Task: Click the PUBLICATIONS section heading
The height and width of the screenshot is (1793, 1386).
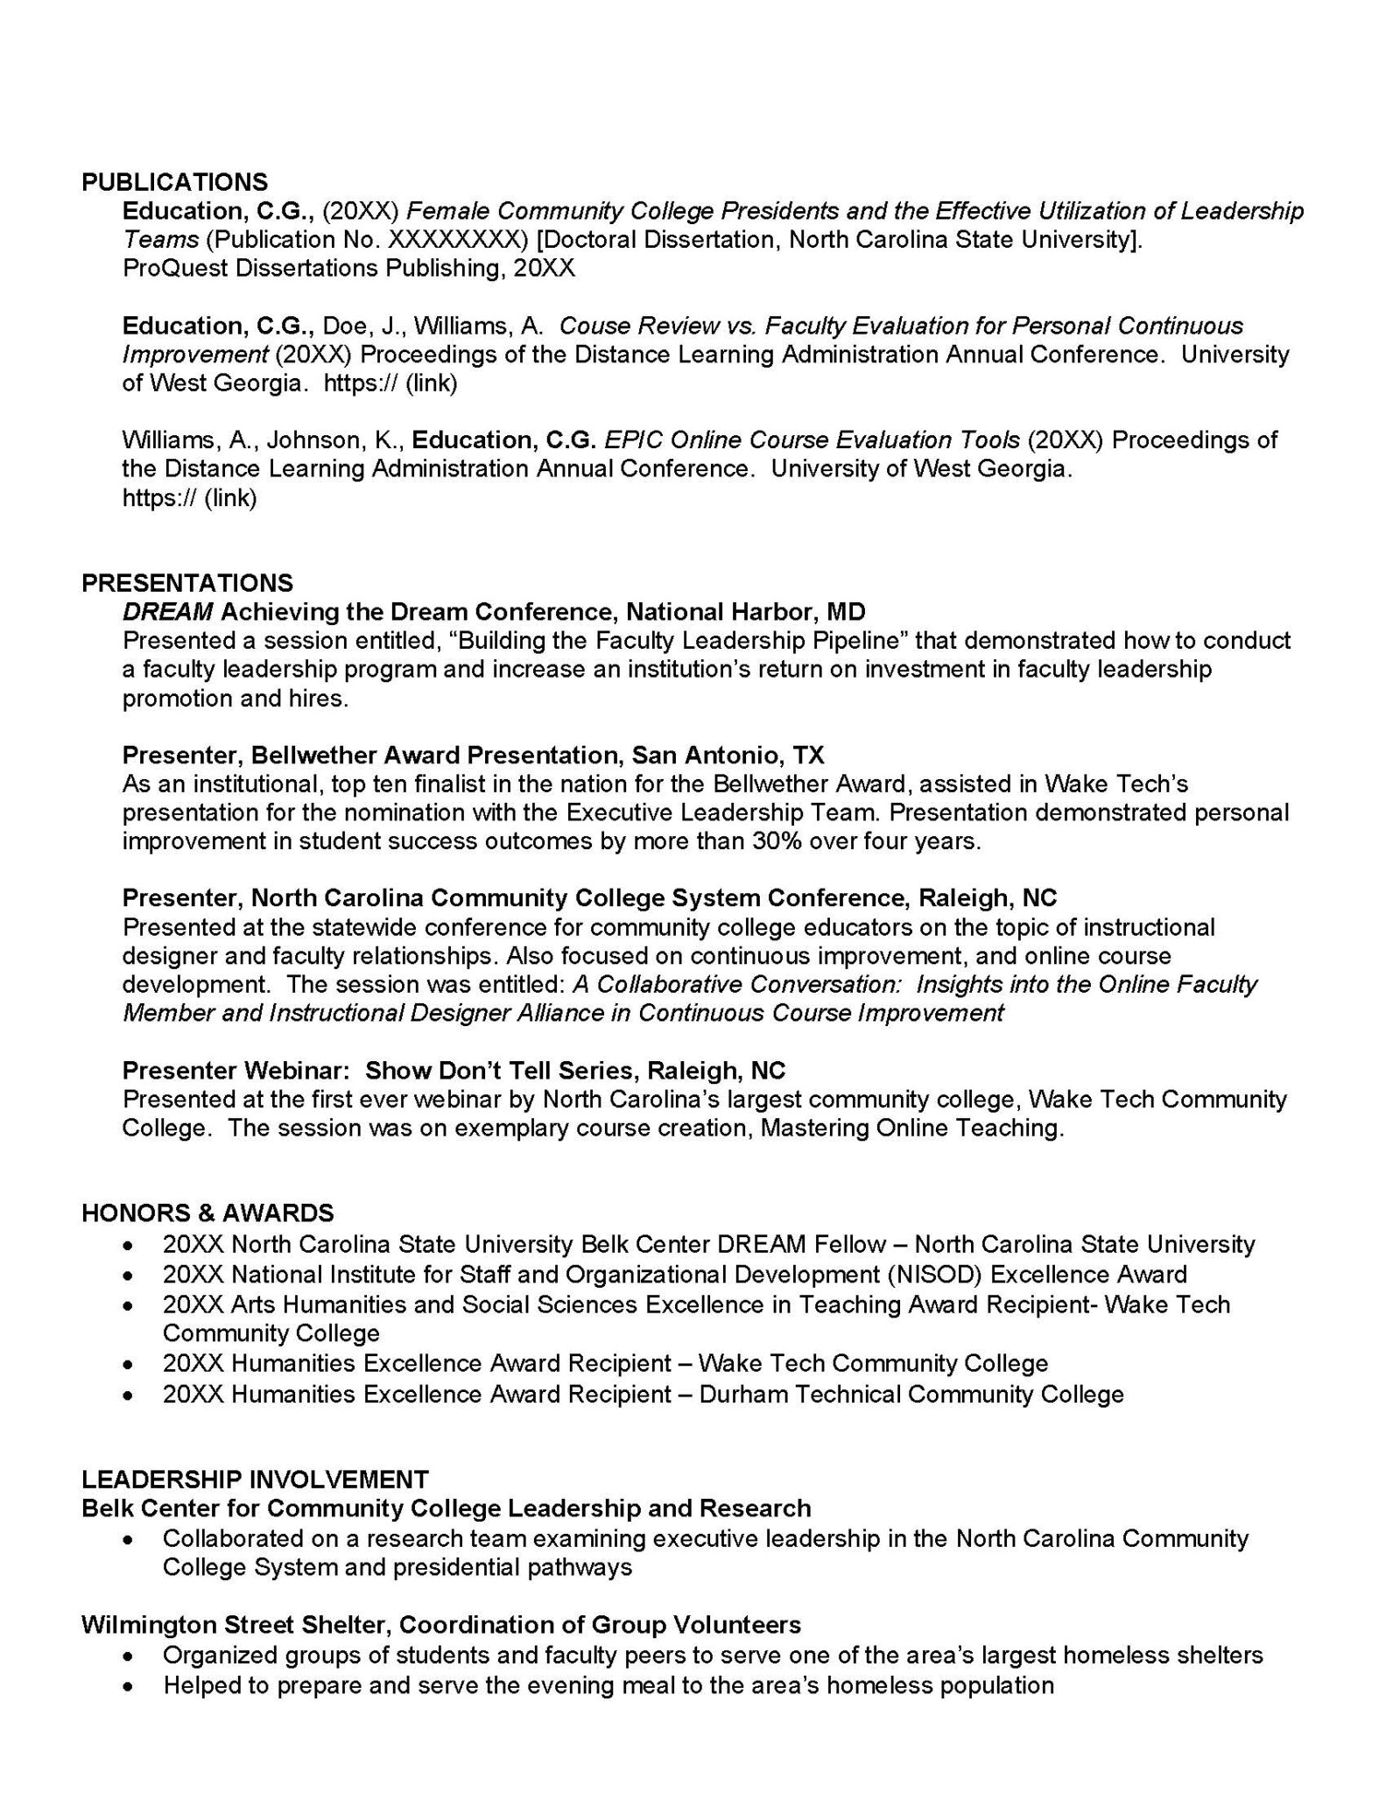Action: click(174, 182)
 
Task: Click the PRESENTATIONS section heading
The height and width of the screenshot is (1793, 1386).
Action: click(186, 583)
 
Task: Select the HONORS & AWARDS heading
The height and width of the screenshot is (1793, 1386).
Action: click(208, 1213)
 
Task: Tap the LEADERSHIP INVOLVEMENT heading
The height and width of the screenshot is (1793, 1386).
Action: click(255, 1480)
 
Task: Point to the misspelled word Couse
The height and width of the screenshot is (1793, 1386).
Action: click(592, 326)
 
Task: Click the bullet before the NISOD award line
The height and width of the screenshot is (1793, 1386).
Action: click(130, 1275)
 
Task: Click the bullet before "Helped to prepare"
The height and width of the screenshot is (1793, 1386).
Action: click(130, 1685)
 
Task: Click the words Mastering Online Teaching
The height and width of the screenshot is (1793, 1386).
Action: click(911, 1128)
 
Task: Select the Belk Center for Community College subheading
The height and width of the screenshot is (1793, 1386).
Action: click(446, 1508)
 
